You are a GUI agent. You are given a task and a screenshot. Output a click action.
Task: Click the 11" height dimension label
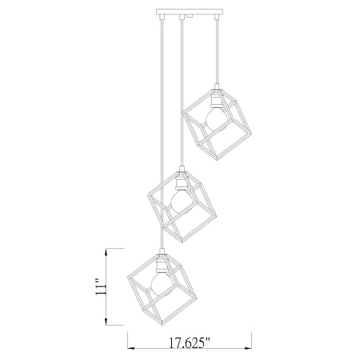click(x=101, y=287)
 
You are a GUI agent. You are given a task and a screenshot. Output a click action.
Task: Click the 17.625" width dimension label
click(x=190, y=342)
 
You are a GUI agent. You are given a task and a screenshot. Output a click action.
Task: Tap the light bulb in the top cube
click(x=216, y=119)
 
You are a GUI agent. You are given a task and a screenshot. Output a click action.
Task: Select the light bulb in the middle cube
click(x=182, y=202)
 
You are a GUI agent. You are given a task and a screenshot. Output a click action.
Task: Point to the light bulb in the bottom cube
click(x=162, y=284)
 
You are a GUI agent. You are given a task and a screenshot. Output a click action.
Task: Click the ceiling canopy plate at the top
click(x=190, y=12)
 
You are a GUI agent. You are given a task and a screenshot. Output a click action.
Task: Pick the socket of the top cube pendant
click(x=216, y=99)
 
